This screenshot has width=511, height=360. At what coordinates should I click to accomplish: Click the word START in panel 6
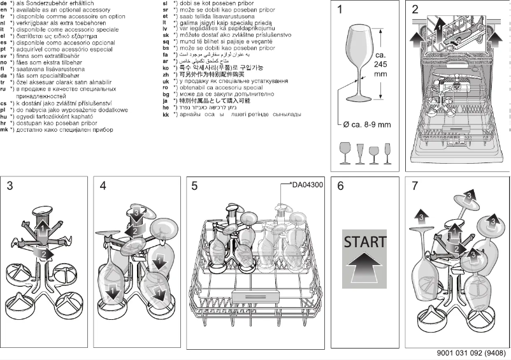coord(365,242)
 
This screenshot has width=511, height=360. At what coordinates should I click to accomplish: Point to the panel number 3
coord(10,186)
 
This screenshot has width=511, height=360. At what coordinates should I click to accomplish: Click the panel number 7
coord(415,186)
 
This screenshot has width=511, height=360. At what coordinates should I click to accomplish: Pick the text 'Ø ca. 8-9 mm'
coord(366,124)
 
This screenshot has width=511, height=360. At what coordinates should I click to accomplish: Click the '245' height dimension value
coord(381,64)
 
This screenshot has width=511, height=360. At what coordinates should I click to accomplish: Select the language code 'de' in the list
coord(5,3)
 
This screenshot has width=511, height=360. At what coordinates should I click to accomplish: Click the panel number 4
coord(103,186)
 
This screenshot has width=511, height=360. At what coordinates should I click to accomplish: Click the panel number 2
coord(415,10)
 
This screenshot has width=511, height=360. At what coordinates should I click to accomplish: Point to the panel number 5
coord(195,186)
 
